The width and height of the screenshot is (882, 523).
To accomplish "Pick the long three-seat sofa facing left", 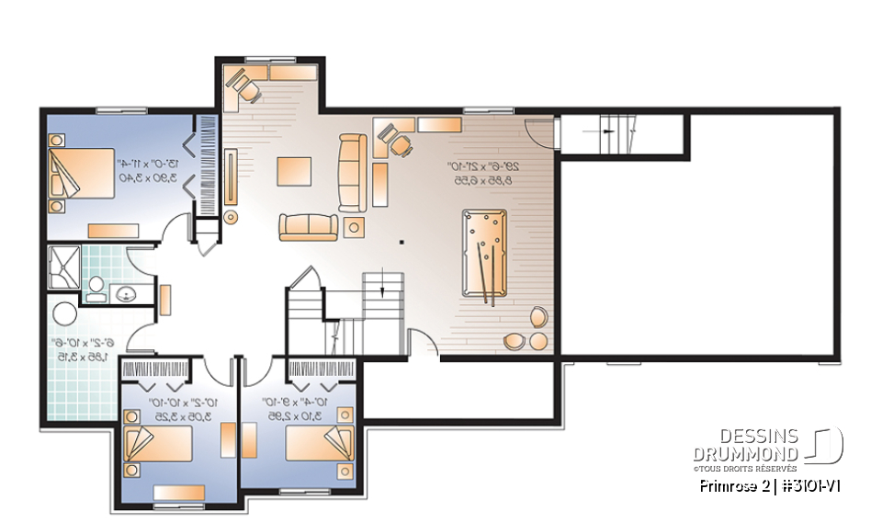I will click(352, 172).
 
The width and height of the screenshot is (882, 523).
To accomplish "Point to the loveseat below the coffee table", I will click(309, 226).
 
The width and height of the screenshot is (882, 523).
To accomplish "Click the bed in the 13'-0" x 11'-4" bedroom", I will click(81, 174).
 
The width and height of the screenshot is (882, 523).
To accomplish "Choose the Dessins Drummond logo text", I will click(745, 445).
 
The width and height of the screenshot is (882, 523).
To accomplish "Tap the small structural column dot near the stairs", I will click(401, 243).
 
